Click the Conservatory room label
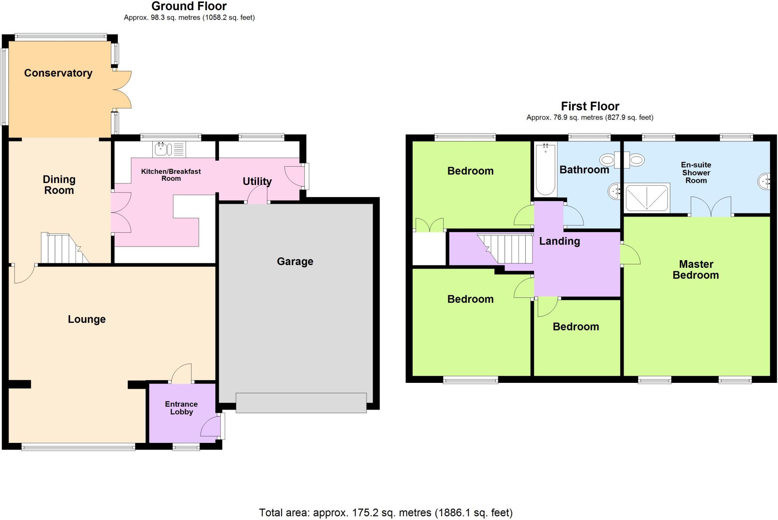click(x=58, y=73)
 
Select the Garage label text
click(x=295, y=261)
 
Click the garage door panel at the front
click(x=301, y=403)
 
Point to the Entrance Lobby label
click(x=181, y=408)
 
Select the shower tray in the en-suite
click(x=647, y=198)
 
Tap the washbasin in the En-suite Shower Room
click(x=764, y=182)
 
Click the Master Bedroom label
click(x=696, y=270)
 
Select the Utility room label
click(x=257, y=181)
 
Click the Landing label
click(x=559, y=241)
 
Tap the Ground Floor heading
click(x=189, y=6)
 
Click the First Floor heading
click(x=590, y=106)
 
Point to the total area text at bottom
click(x=386, y=513)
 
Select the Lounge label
click(x=87, y=319)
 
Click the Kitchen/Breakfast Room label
click(x=171, y=175)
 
